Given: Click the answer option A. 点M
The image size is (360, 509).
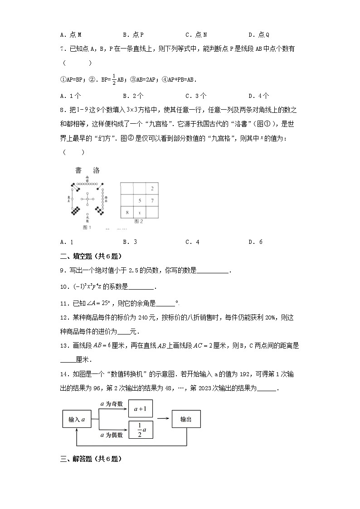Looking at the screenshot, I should click(71, 34).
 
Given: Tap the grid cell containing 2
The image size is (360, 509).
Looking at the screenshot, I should click(152, 188).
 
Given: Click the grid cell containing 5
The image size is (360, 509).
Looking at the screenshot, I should click(140, 200).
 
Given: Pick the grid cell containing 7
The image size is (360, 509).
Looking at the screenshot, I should click(152, 200).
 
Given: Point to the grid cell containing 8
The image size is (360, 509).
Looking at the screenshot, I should click(127, 212).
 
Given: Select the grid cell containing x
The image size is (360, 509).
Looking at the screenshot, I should click(140, 212).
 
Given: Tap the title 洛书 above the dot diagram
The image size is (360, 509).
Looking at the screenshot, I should click(87, 170).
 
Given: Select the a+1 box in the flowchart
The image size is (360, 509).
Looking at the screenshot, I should click(141, 409).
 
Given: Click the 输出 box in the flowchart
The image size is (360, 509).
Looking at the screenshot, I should click(186, 419).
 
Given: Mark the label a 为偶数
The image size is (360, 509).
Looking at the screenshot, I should click(112, 435).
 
